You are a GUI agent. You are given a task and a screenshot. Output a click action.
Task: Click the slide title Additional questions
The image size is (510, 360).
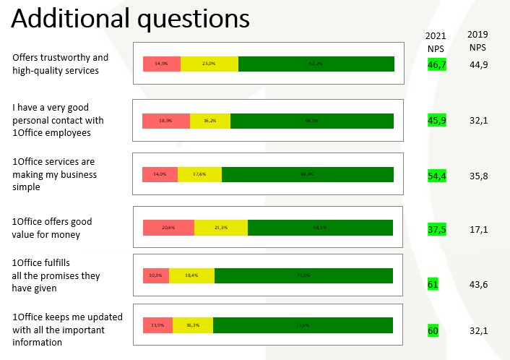131,18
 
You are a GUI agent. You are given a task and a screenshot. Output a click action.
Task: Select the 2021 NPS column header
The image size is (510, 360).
436,42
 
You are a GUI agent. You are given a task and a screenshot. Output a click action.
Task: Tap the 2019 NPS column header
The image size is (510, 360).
477,40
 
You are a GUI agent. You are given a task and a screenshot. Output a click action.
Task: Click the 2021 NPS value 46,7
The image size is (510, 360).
436,65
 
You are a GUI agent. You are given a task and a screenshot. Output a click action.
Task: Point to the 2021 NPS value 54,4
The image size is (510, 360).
436,176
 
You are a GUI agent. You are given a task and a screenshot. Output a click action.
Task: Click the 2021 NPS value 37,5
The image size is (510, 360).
436,230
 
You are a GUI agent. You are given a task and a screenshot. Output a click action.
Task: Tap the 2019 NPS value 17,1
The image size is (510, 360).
479,229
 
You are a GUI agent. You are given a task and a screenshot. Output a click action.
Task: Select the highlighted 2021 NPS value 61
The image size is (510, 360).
433,284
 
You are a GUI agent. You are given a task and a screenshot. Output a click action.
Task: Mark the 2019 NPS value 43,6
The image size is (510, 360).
479,284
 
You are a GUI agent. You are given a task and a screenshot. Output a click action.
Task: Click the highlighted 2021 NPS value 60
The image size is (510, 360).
433,331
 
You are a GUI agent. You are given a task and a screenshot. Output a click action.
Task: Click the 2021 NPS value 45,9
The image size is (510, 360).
436,121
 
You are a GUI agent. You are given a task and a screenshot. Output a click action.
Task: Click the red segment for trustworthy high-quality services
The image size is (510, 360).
161,64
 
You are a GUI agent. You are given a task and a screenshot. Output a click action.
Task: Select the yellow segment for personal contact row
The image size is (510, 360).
210,121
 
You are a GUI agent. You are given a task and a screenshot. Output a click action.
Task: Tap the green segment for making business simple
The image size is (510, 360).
307,174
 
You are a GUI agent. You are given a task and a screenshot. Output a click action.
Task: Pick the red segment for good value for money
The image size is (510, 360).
168,228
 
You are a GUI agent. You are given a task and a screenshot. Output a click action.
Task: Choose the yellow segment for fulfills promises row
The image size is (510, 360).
191,275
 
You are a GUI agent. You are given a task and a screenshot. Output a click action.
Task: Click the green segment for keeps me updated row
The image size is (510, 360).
303,325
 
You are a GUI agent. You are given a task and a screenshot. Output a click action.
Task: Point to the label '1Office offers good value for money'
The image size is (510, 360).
52,228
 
